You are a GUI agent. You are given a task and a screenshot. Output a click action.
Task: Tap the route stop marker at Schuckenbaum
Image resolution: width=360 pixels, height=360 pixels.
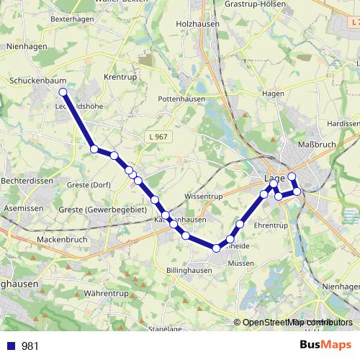pos(63,92)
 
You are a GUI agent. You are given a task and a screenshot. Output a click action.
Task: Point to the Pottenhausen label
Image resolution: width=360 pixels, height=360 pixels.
pos(181,99)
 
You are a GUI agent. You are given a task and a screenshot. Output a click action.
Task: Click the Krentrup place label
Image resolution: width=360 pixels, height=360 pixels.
pos(120,76)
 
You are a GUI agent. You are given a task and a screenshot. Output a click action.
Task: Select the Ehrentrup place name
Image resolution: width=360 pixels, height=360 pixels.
pos(271,225)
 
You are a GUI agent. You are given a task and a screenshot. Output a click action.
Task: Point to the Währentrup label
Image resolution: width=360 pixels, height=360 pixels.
pos(105,294)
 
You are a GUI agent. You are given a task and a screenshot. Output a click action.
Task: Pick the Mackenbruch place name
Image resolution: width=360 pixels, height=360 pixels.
pos(61,239)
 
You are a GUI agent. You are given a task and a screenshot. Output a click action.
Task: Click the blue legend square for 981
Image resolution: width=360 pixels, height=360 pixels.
pos(11,346)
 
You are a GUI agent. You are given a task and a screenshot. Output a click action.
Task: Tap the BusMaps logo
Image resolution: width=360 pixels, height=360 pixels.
pos(326,346)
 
